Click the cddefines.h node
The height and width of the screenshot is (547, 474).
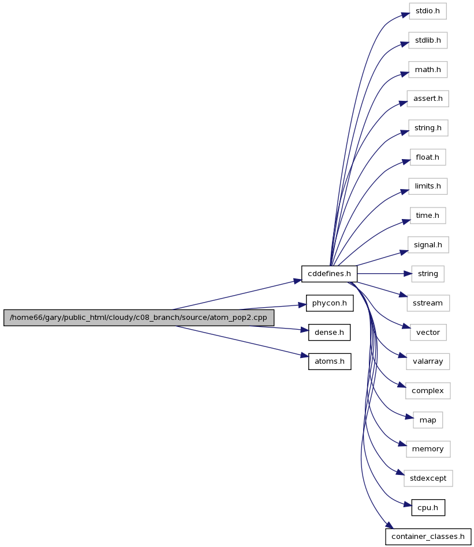coord(329,274)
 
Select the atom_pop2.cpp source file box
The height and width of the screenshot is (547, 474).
coord(139,318)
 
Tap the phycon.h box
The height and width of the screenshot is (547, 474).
coord(330,303)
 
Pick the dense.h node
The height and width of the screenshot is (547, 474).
coord(330,333)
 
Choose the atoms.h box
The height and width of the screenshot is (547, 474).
coord(330,361)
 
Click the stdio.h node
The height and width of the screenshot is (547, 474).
coord(428,11)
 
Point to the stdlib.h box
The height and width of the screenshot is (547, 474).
coord(428,40)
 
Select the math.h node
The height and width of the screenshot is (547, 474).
coord(428,70)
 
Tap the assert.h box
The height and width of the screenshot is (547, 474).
coord(428,99)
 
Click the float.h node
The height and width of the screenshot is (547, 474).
coord(428,157)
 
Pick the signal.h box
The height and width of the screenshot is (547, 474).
coord(428,245)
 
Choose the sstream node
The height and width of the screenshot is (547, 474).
coord(428,303)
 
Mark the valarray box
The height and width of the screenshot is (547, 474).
coord(428,361)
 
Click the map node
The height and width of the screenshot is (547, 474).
coord(428,420)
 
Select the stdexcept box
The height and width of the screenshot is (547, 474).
coord(428,478)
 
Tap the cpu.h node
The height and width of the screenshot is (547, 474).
coord(428,508)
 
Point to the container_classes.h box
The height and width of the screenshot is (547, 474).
coord(428,537)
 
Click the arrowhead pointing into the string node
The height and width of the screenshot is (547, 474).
coord(408,274)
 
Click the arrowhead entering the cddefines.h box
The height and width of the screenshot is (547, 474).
coord(297,281)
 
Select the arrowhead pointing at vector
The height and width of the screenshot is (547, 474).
coord(406,327)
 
